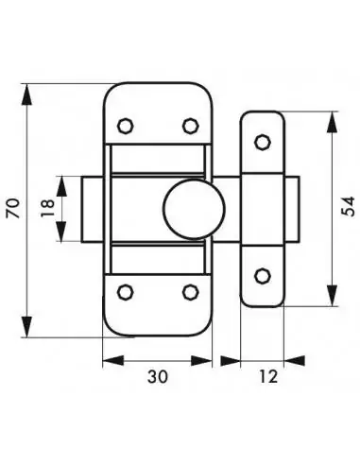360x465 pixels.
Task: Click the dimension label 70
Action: coord(12,209)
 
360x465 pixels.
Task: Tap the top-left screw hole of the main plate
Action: coord(124,125)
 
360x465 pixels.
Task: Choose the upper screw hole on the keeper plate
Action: coord(264,143)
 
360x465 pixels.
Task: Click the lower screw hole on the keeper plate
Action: coord(264,275)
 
